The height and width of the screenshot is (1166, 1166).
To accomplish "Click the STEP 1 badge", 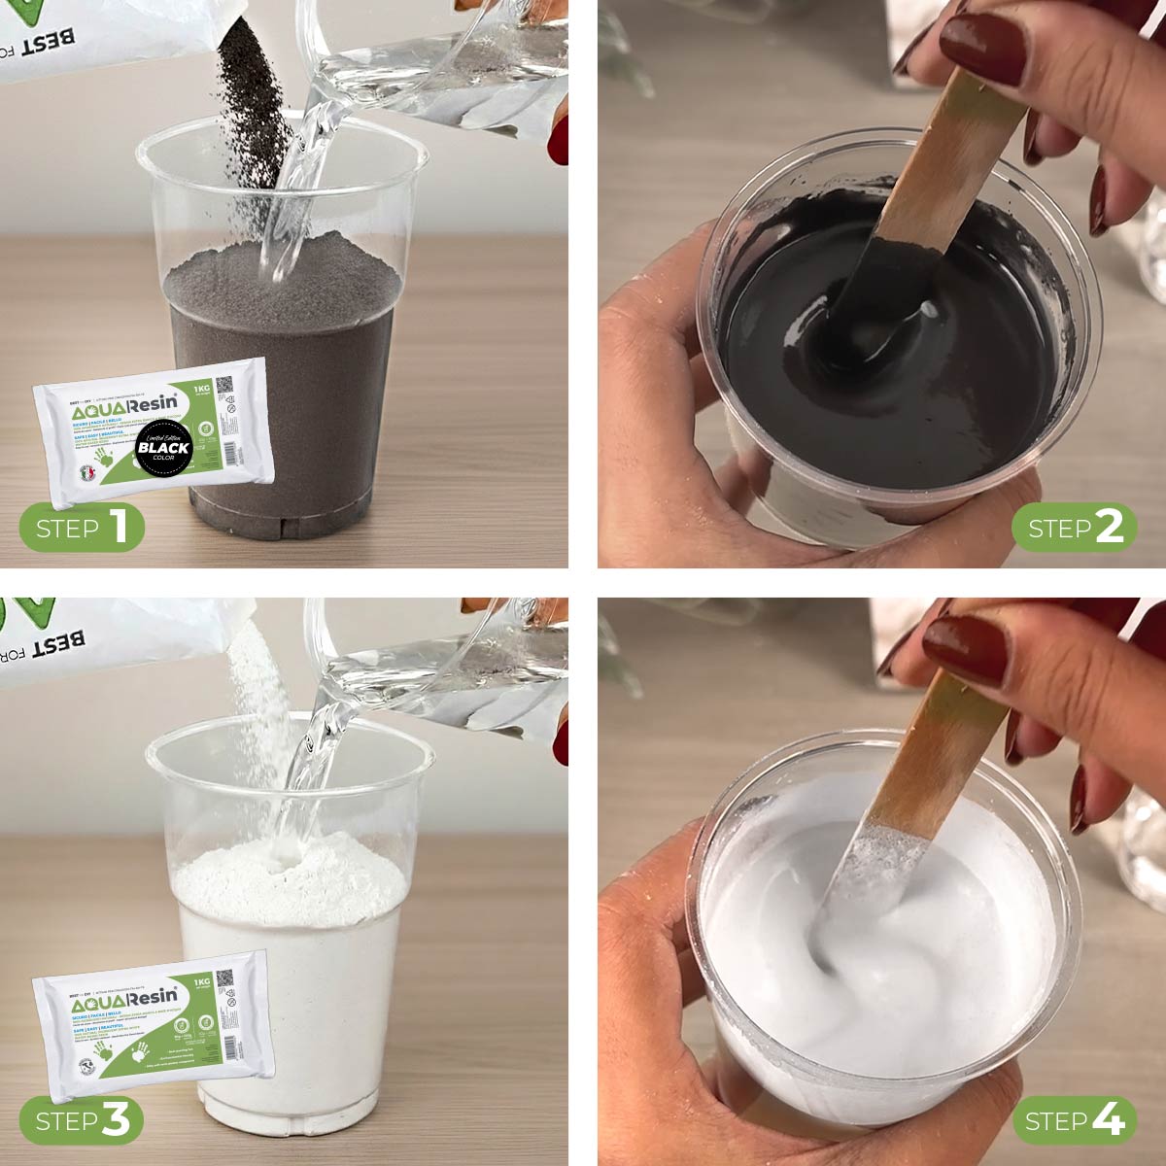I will click(82, 528).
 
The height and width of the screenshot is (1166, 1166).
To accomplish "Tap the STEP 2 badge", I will click(1074, 528).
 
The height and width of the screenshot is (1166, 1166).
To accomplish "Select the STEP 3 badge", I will click(82, 1121).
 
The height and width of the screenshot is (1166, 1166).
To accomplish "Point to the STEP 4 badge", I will click(1074, 1121).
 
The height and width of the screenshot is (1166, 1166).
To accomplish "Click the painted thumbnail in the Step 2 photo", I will click(981, 49).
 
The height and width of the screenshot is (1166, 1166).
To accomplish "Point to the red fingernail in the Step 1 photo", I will click(559, 141).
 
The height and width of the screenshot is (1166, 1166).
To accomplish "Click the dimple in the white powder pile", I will click(288, 855).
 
